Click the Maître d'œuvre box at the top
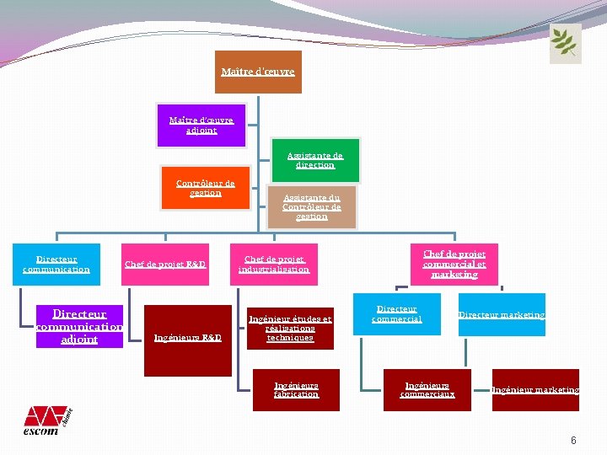[x=257, y=72]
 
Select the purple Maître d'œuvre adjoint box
[x=201, y=125]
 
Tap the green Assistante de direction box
[x=315, y=160]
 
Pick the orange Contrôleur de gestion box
[x=206, y=187]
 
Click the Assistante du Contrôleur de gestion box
[x=312, y=207]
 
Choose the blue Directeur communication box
[x=56, y=265]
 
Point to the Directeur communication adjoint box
[x=79, y=326]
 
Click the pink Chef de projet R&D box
[x=165, y=265]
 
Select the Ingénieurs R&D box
[x=187, y=339]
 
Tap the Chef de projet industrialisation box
[x=274, y=265]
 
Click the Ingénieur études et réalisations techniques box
[x=290, y=327]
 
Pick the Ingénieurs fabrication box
[x=296, y=390]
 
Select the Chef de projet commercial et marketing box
[x=454, y=264]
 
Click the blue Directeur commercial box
[x=397, y=314]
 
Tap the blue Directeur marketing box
[x=502, y=314]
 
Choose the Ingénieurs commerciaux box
[x=427, y=390]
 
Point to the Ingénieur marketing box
[x=535, y=390]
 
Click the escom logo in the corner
[x=46, y=420]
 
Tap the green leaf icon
[x=565, y=43]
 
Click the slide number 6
[x=573, y=441]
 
